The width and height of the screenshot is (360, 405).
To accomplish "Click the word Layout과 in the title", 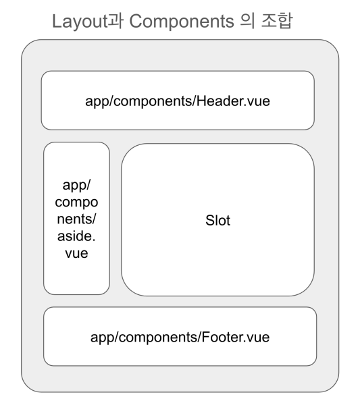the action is click(88, 21).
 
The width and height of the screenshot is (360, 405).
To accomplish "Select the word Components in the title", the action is click(182, 22).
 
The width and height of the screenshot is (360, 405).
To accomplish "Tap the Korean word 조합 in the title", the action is click(277, 21).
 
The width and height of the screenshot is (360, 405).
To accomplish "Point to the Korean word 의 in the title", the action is click(247, 21).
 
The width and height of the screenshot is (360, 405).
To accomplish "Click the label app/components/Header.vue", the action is click(178, 101).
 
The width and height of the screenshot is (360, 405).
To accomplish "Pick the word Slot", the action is click(217, 220).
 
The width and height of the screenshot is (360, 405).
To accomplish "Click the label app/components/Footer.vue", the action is click(180, 337).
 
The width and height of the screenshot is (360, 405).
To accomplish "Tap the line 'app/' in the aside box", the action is click(76, 185).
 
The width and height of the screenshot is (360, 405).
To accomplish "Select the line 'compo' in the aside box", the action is click(76, 202).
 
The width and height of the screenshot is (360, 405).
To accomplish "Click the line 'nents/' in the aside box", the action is click(76, 219).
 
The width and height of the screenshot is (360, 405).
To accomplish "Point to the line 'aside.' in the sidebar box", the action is click(76, 236).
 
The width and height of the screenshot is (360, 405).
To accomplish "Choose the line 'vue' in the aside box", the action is click(76, 253).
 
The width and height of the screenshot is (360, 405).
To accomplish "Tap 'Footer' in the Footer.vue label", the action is click(222, 337).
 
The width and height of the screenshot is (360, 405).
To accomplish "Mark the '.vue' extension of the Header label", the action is click(255, 101).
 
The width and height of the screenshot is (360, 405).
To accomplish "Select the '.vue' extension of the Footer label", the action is click(255, 337).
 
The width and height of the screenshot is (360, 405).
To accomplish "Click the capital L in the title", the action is click(57, 21).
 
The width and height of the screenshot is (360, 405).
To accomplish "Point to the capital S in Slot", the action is click(210, 220).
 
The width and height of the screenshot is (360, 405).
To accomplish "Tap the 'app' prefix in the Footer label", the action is click(101, 338).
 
